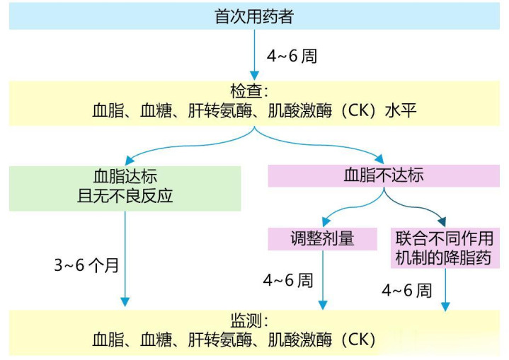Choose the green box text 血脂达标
(125, 175)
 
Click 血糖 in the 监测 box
(160, 339)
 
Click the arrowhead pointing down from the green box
(125, 302)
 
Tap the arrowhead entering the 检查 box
(254, 74)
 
